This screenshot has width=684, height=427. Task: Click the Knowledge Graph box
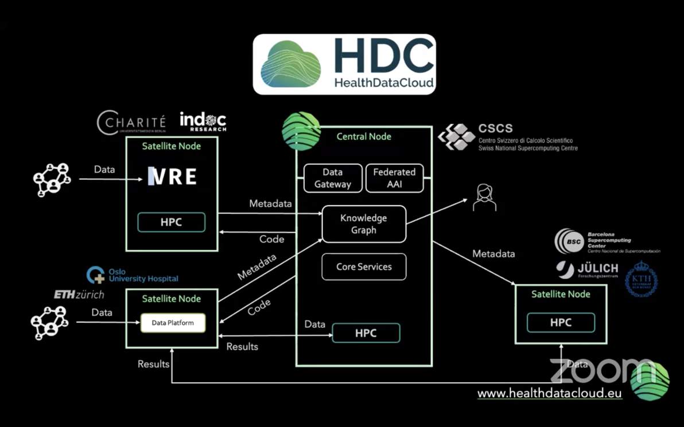coord(364,224)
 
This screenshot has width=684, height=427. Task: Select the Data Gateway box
coord(333,178)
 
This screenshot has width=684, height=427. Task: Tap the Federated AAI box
coord(394,178)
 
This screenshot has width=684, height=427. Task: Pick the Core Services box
coord(364,267)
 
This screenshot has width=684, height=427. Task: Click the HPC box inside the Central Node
coord(366,333)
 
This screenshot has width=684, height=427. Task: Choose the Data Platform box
coord(173,323)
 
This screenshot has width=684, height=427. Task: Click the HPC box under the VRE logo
coord(171,222)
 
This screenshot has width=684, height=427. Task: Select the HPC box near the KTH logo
coord(561,323)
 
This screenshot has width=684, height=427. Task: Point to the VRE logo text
coord(172,176)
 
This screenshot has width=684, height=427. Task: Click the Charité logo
coord(131,122)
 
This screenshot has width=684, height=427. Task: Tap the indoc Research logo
coord(203,122)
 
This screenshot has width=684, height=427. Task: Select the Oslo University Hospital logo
coord(133,275)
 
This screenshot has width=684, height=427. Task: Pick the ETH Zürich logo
coord(79,295)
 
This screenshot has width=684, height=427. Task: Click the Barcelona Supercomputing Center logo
coord(607,242)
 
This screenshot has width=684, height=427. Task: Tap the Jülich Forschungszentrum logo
coord(587,269)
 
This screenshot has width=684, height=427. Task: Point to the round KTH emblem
coord(641,279)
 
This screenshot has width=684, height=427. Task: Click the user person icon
coord(484,197)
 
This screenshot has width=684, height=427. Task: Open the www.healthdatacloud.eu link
coord(549,394)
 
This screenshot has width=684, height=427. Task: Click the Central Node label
coord(364,136)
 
